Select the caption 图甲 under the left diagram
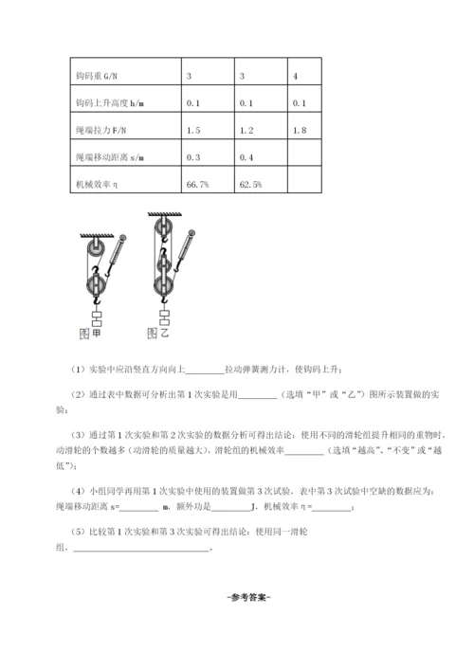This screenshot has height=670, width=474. click(91, 333)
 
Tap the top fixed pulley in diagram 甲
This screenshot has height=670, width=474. click(93, 249)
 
